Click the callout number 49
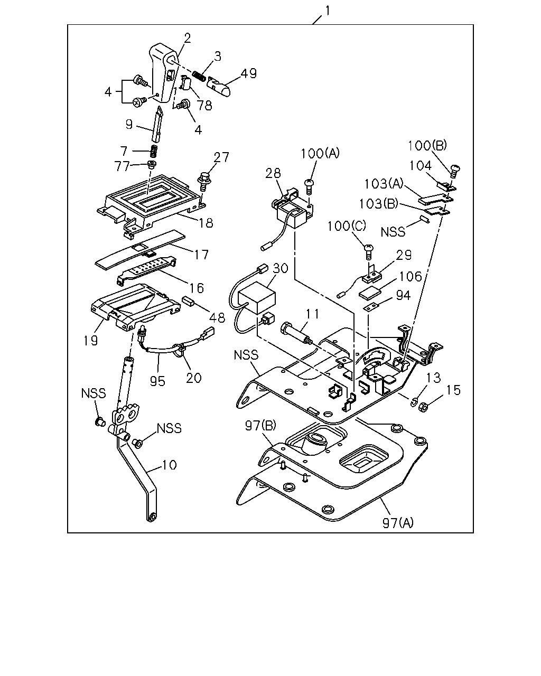pyautogui.click(x=249, y=73)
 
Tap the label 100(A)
pyautogui.click(x=320, y=154)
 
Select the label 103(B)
pyautogui.click(x=378, y=204)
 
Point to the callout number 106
pyautogui.click(x=410, y=276)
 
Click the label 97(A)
pyautogui.click(x=398, y=523)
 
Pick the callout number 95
pyautogui.click(x=157, y=381)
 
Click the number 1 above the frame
pyautogui.click(x=328, y=11)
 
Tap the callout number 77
pyautogui.click(x=122, y=166)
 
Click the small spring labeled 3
pyautogui.click(x=199, y=76)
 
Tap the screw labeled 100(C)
pyautogui.click(x=368, y=251)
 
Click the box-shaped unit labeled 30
pyautogui.click(x=257, y=297)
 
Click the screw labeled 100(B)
pyautogui.click(x=454, y=172)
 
